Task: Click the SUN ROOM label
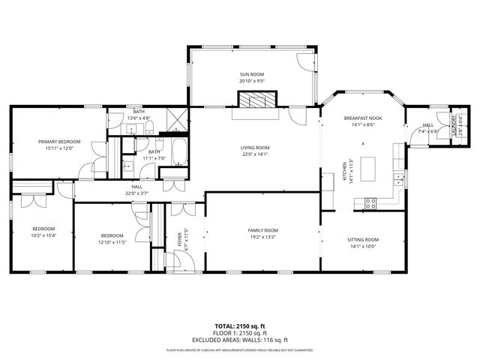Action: click(252, 75)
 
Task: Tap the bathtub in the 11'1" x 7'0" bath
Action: click(179, 152)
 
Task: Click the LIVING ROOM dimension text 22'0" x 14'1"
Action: click(255, 154)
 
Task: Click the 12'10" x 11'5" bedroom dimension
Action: click(112, 242)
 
